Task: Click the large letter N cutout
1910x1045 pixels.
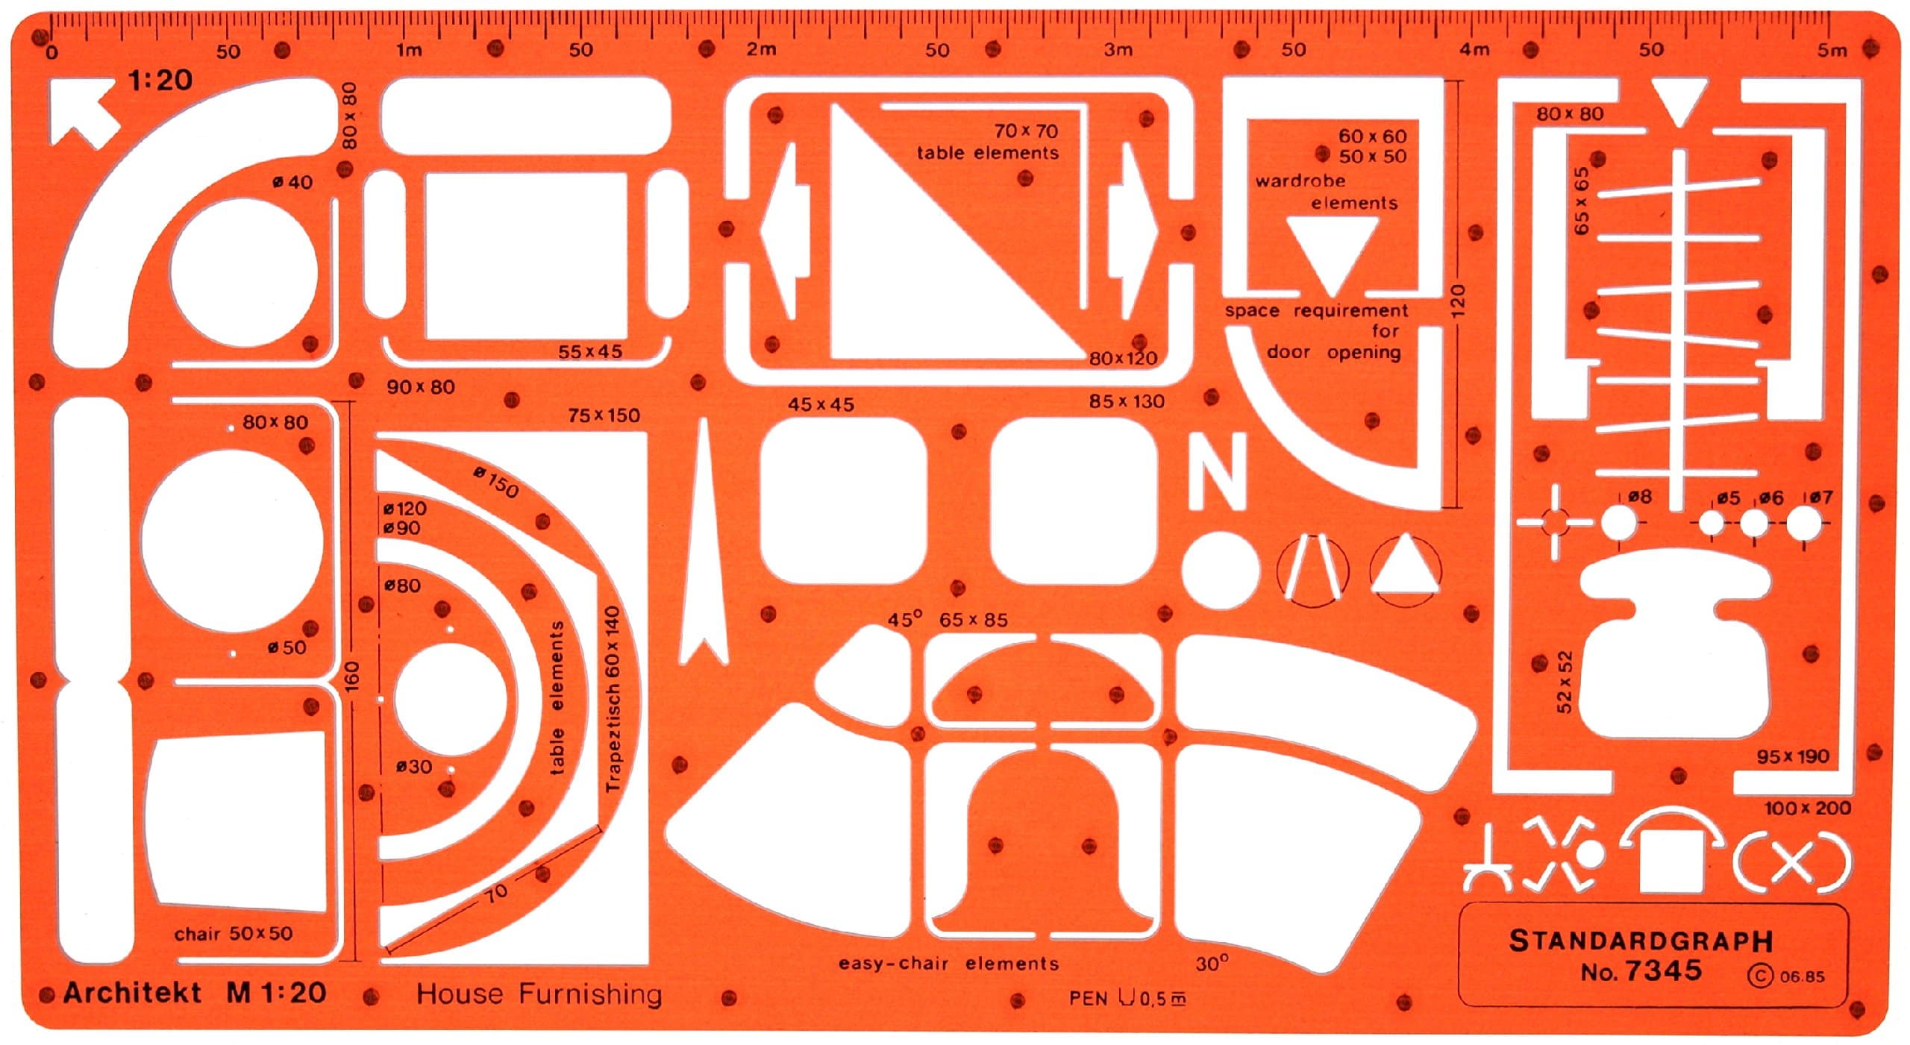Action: (x=1218, y=471)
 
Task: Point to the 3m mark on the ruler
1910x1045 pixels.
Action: (x=1118, y=50)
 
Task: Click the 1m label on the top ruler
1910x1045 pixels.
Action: (x=408, y=50)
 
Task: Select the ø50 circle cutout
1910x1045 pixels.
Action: (x=232, y=542)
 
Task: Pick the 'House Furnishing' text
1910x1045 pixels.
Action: (x=539, y=994)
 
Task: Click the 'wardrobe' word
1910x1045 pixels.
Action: (x=1300, y=181)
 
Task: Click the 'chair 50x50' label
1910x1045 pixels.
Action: (x=234, y=934)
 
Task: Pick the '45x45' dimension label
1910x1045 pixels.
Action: (x=821, y=404)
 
